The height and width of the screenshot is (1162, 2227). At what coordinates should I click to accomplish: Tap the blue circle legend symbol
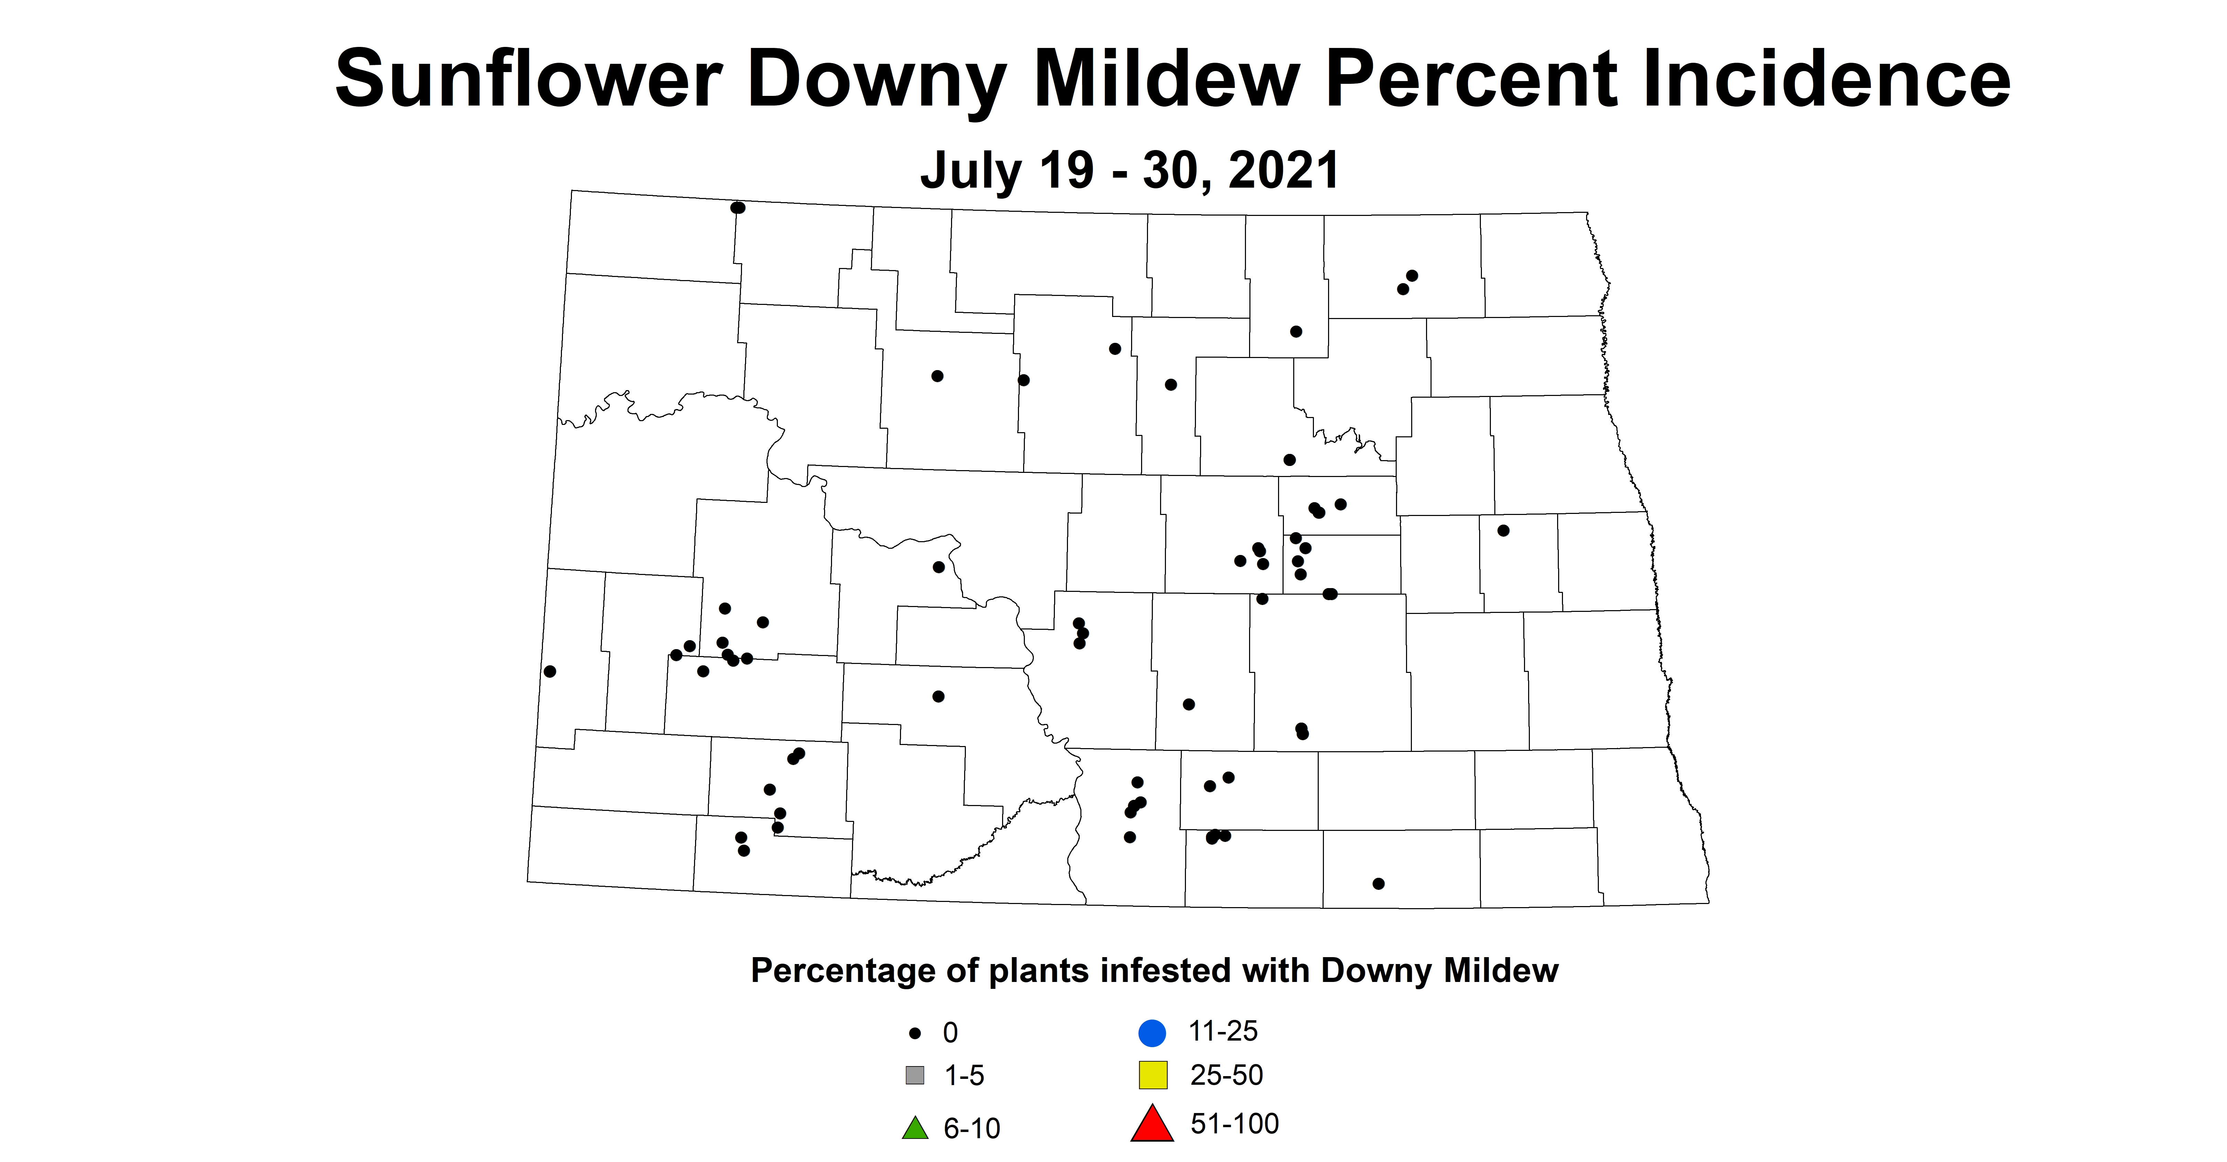(x=1152, y=1032)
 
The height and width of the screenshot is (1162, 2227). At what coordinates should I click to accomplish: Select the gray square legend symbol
(x=915, y=1075)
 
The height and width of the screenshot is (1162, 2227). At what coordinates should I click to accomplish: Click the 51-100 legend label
(x=1235, y=1124)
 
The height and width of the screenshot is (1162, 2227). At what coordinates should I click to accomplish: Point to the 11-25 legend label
(x=1223, y=1031)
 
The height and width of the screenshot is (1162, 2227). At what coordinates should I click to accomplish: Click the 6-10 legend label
(x=972, y=1128)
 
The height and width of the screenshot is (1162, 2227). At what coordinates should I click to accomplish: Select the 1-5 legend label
(x=964, y=1075)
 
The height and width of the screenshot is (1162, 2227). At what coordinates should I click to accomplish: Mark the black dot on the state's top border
(x=738, y=208)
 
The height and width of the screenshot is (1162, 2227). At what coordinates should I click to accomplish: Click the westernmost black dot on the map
(x=550, y=672)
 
